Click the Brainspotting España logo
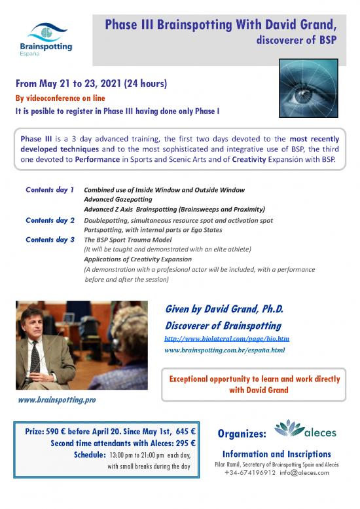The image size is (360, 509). (x=50, y=39)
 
